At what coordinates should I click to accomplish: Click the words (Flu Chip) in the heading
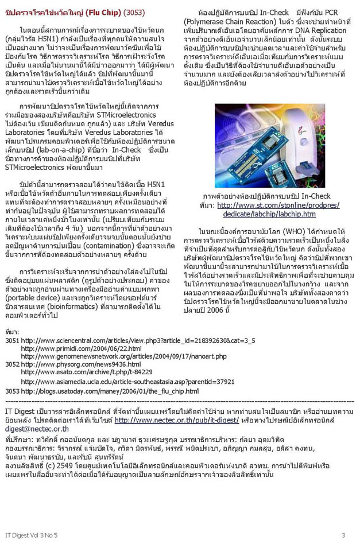click(x=103, y=12)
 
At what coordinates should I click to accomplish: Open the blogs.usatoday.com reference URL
click(x=109, y=391)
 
